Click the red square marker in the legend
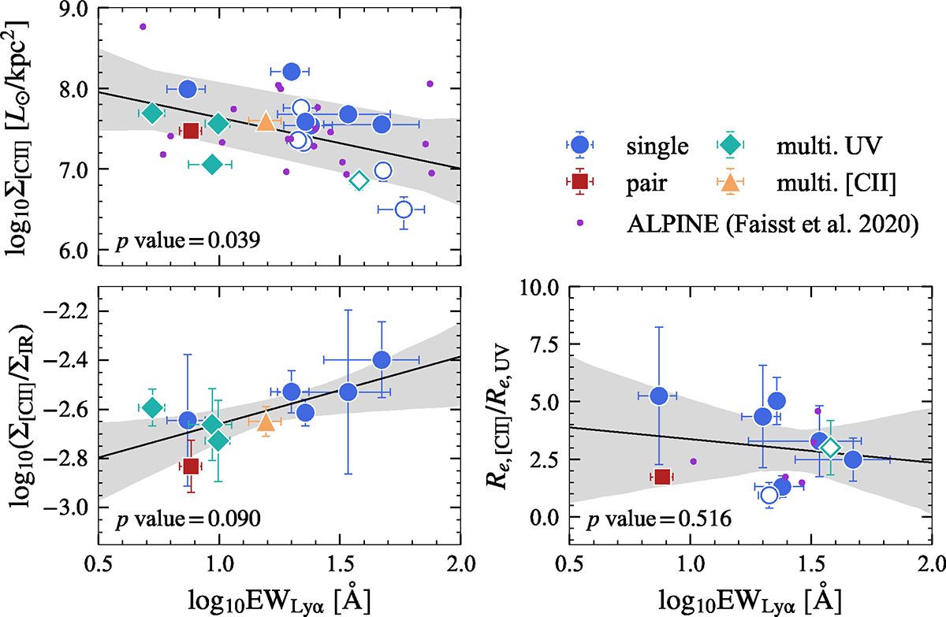click(x=579, y=181)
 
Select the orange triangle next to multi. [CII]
click(x=731, y=181)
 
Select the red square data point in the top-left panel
click(x=190, y=131)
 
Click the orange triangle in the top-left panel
click(x=266, y=122)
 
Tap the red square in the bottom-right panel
click(x=662, y=476)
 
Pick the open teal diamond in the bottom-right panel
click(x=829, y=448)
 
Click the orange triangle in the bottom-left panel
click(x=266, y=422)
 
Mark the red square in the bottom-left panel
click(x=190, y=466)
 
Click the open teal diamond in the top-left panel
click(x=359, y=180)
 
